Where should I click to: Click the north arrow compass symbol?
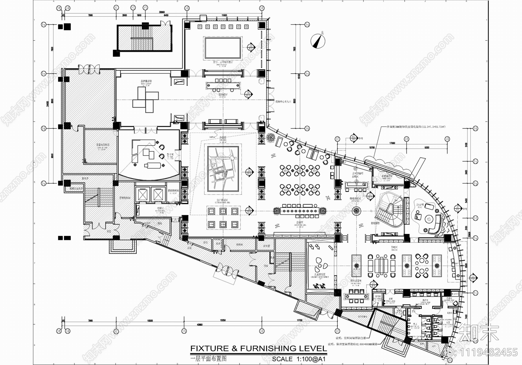(x=318, y=41)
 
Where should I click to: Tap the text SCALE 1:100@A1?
(x=299, y=359)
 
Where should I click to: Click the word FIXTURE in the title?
(x=210, y=348)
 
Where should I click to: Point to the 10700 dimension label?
(x=371, y=148)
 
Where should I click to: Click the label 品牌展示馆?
(x=146, y=81)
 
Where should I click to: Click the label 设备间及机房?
(x=102, y=145)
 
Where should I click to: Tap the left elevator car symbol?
(x=143, y=194)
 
